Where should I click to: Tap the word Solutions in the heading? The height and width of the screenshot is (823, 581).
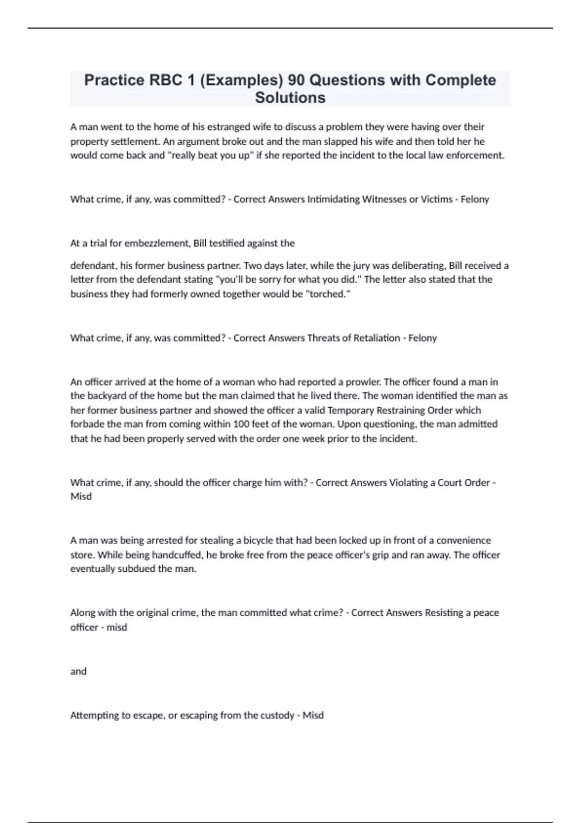pyautogui.click(x=290, y=97)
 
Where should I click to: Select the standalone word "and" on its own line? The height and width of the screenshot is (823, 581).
pyautogui.click(x=78, y=671)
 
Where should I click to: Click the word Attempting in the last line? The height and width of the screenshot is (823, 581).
pyautogui.click(x=93, y=715)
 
